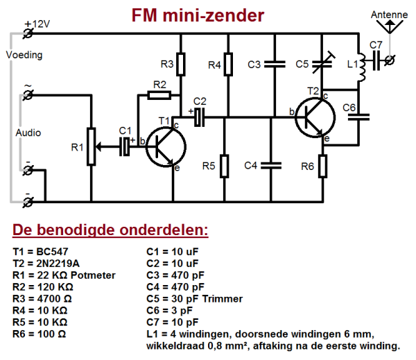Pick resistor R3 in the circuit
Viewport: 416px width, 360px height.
point(180,65)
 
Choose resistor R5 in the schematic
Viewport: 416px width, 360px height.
point(225,165)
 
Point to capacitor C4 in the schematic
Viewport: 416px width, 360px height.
point(273,165)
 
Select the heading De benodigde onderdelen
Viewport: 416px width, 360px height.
point(110,230)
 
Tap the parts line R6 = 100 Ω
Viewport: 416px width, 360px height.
point(42,334)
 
